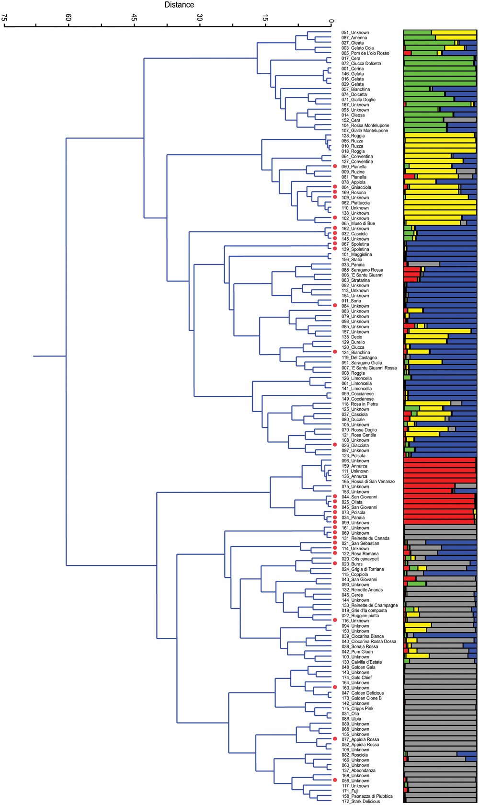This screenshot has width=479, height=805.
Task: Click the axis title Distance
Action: [179, 5]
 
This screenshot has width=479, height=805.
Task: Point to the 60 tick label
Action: [69, 18]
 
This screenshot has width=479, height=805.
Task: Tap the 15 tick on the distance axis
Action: [265, 18]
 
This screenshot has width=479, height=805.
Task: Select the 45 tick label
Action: [135, 18]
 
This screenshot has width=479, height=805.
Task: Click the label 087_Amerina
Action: [354, 38]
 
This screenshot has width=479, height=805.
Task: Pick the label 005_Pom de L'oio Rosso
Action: [365, 53]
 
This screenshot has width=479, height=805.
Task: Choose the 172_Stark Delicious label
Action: [361, 801]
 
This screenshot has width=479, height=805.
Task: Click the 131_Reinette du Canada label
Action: [365, 538]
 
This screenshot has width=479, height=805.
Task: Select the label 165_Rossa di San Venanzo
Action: [368, 482]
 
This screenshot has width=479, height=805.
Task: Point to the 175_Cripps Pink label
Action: [357, 709]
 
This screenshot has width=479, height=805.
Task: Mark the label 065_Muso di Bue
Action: [358, 223]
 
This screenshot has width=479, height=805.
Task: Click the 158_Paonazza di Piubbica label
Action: [367, 796]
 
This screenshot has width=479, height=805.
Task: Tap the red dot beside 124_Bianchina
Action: [335, 352]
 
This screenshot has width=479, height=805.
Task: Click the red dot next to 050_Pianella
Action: [335, 166]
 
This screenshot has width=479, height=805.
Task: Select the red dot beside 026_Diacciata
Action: [335, 445]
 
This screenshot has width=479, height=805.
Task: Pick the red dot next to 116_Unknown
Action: [335, 621]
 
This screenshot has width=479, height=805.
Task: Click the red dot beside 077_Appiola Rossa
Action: [335, 739]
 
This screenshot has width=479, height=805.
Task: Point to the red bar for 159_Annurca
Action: [439, 466]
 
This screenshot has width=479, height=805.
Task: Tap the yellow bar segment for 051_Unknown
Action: [454, 33]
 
